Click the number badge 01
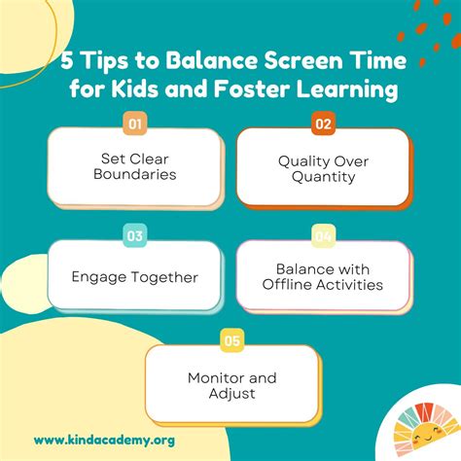137,124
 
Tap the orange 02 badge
323,124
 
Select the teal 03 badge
137,234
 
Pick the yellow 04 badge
323,234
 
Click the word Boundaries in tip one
137,174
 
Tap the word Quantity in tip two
324,177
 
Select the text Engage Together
134,277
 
